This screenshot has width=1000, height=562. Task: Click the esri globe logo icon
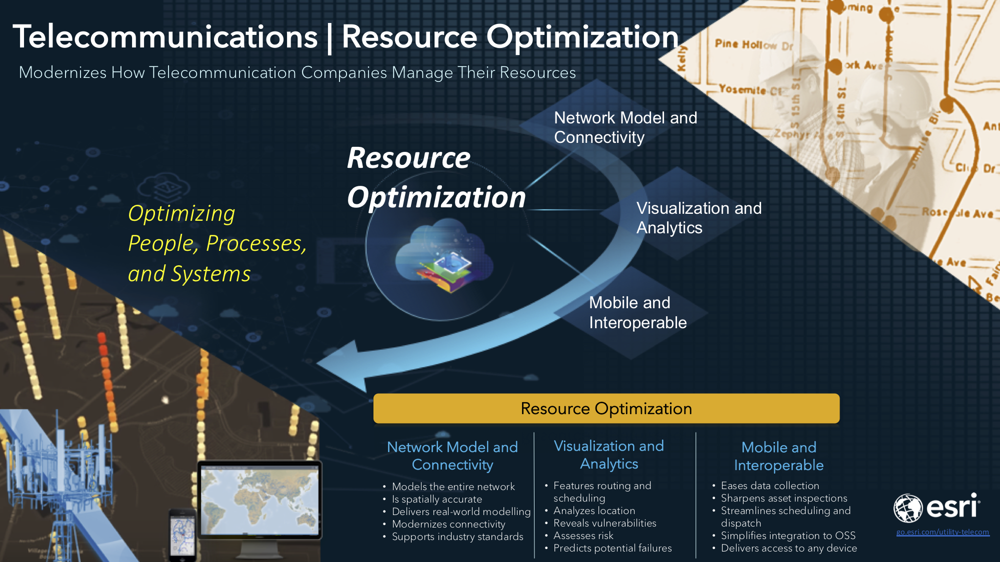907,508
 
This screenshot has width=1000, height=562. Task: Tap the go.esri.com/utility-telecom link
942,533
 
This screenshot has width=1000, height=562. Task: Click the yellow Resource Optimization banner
606,409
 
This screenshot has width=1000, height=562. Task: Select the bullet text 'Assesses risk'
583,536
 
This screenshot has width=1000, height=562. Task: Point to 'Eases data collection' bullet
769,486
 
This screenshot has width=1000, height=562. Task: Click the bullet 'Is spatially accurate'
436,499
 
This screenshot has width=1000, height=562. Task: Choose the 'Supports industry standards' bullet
457,537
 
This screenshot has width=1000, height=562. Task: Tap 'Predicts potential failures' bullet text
612,548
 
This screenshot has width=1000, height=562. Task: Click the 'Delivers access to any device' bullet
788,548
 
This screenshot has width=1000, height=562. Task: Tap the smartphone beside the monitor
182,532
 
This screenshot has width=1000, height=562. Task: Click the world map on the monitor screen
259,500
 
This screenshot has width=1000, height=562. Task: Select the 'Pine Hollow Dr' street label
753,45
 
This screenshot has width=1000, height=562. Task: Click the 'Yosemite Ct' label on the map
750,90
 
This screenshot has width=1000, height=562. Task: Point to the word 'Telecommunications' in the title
165,37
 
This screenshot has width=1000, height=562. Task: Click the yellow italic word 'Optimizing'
181,214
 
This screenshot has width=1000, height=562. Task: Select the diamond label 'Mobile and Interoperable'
637,313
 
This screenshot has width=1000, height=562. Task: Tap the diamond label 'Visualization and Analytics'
698,218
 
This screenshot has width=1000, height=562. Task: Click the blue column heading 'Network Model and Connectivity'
452,456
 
